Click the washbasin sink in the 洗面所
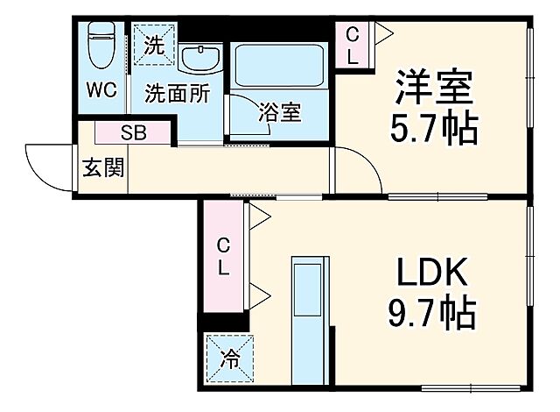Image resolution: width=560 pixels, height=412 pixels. (200, 57)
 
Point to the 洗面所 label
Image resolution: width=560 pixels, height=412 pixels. (177, 92)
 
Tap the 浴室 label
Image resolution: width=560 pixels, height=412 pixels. (280, 113)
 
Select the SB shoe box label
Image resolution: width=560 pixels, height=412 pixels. (134, 133)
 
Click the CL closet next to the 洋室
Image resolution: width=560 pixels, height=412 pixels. (353, 46)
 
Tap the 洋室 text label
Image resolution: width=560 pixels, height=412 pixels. (434, 88)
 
